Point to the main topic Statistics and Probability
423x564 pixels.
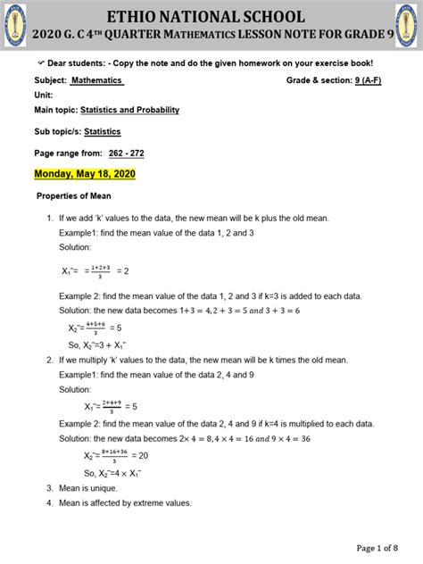pos(129,110)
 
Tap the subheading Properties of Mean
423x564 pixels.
pos(73,196)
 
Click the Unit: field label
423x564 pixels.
pos(44,95)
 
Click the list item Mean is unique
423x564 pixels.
pos(89,488)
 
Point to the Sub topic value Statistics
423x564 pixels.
pos(103,131)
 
